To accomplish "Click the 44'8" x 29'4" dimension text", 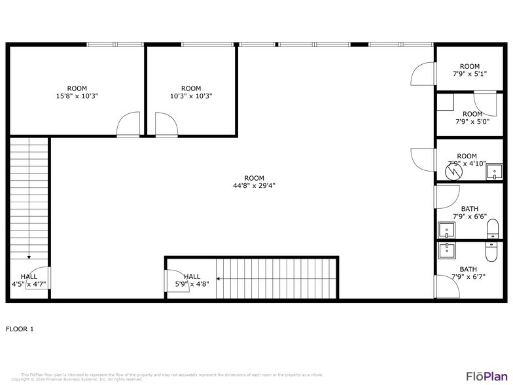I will (x=254, y=185).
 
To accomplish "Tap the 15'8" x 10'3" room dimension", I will (x=77, y=96).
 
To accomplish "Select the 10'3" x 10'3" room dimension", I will (x=191, y=96).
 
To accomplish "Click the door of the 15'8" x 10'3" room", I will (x=128, y=124).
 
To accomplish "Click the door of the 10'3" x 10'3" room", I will (x=166, y=124).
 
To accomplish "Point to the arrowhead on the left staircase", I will (x=29, y=257).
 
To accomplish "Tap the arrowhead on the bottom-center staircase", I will (x=219, y=278).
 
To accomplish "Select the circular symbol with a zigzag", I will (x=453, y=172).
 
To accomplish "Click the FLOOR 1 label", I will (x=20, y=329).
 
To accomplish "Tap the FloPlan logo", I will (x=486, y=375).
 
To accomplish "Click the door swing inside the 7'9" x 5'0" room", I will (x=485, y=103).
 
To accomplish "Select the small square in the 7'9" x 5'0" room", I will (x=446, y=101).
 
